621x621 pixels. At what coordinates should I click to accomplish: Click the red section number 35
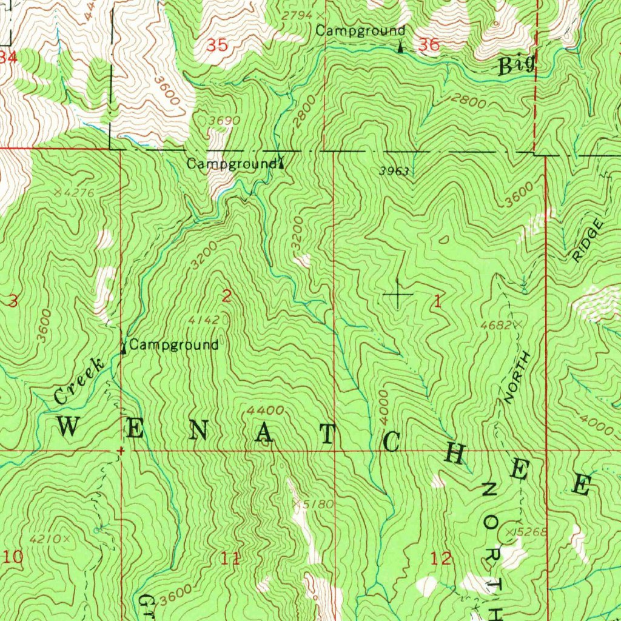[218, 45]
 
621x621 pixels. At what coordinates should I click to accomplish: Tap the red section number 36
[429, 44]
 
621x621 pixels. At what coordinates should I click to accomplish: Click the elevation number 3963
[394, 171]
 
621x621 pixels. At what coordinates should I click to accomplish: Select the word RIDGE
[588, 241]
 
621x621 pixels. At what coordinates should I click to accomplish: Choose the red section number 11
[230, 559]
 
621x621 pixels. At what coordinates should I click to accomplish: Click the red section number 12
[441, 559]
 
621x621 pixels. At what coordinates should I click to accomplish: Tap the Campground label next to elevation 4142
[173, 346]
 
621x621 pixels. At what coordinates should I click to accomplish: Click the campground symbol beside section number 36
[401, 45]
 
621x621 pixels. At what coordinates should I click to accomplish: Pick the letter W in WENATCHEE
[68, 428]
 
